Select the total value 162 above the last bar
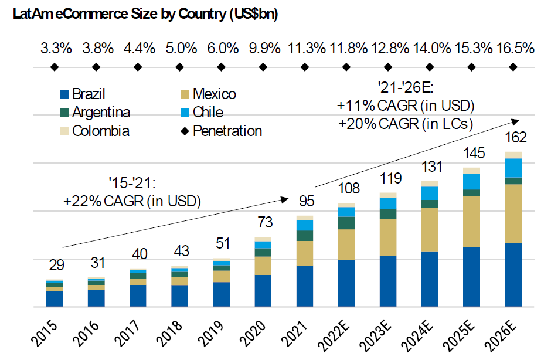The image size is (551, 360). pyautogui.click(x=516, y=138)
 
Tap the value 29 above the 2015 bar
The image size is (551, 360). pyautogui.click(x=56, y=265)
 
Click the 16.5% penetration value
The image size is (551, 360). pyautogui.click(x=516, y=49)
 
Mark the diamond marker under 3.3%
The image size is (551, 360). pyautogui.click(x=55, y=67)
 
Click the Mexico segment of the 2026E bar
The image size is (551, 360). pyautogui.click(x=513, y=213)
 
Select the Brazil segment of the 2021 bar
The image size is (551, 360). pyautogui.click(x=305, y=286)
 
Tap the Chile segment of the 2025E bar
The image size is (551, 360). pyautogui.click(x=472, y=181)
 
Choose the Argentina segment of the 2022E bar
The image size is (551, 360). pyautogui.click(x=346, y=223)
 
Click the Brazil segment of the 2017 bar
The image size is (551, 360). pyautogui.click(x=138, y=296)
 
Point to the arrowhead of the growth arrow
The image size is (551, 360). pyautogui.click(x=516, y=120)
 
